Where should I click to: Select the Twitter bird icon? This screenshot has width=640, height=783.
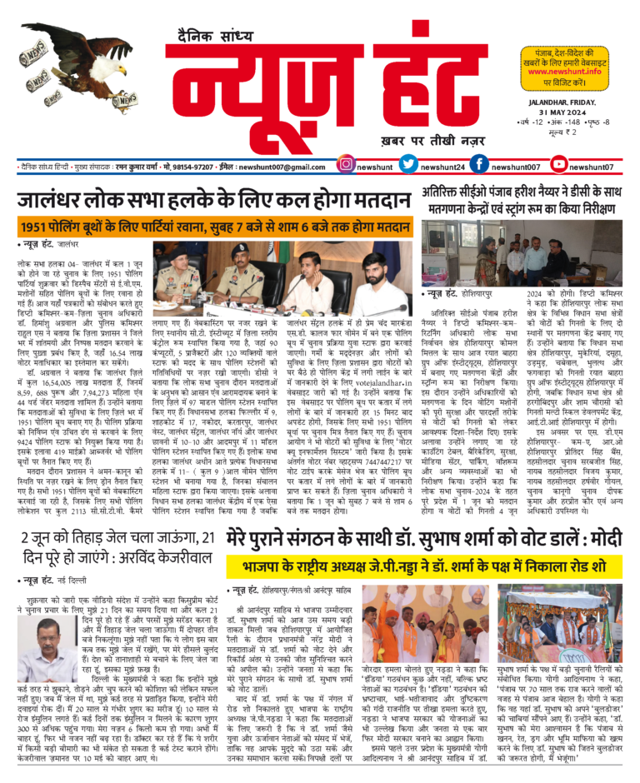click(x=408, y=167)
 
